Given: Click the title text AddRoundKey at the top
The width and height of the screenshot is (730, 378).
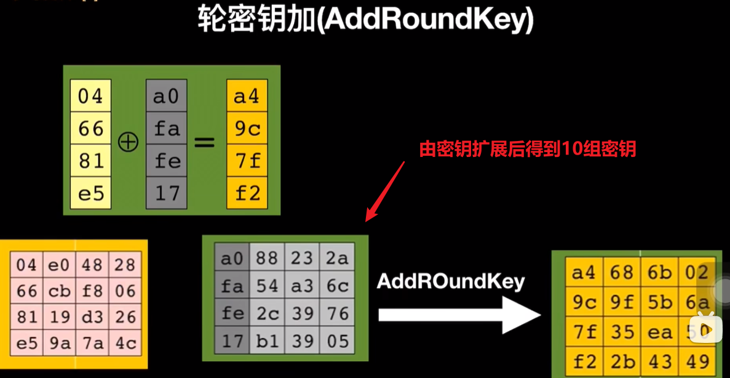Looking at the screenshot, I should tap(365, 20).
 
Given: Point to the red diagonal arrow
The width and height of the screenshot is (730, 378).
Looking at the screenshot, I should tap(384, 191).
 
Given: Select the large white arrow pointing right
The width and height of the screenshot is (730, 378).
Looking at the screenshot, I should tap(458, 315).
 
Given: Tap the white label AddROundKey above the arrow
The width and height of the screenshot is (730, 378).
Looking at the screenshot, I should tap(451, 281).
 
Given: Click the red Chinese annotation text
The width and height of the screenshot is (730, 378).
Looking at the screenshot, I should tap(527, 149).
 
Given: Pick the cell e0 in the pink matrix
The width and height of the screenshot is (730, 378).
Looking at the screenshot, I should tap(60, 265).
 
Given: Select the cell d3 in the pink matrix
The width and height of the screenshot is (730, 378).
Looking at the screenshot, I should tap(92, 317).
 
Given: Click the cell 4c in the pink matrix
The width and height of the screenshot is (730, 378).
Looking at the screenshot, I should tap(125, 343).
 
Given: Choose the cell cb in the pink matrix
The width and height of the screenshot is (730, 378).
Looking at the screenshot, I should tap(60, 291).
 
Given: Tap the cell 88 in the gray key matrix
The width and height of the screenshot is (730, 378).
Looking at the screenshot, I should tap(267, 259).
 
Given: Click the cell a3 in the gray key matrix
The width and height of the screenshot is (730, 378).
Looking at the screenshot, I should tap(302, 286).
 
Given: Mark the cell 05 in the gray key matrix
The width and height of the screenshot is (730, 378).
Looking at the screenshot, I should tap(337, 340).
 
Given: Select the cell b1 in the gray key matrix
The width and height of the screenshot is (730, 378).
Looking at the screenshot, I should tap(267, 340).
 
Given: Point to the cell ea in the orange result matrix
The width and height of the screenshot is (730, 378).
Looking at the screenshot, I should tap(659, 331).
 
